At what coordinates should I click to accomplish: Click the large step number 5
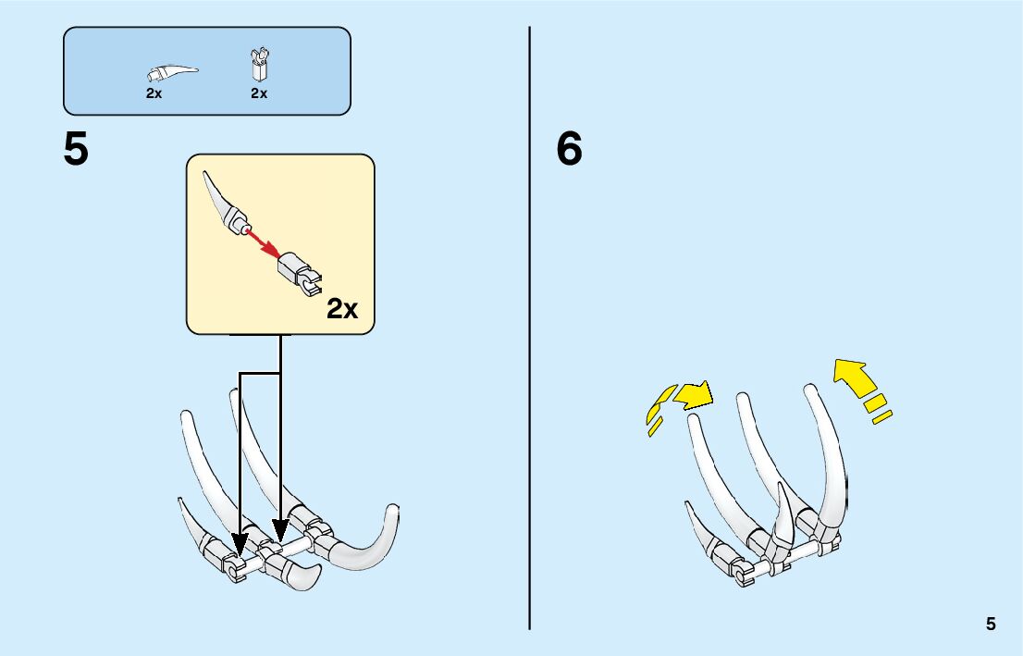pos(76,149)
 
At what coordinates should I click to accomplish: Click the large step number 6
pos(569,149)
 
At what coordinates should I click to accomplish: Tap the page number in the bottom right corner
pos(991,624)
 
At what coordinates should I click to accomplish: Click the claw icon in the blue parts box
pos(172,71)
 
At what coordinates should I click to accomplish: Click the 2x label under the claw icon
pos(154,93)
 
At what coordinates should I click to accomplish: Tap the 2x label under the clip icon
pos(258,93)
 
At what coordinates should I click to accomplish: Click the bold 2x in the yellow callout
pos(341,309)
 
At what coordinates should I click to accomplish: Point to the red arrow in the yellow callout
pos(262,243)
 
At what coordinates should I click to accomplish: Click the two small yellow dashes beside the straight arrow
pos(878,410)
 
